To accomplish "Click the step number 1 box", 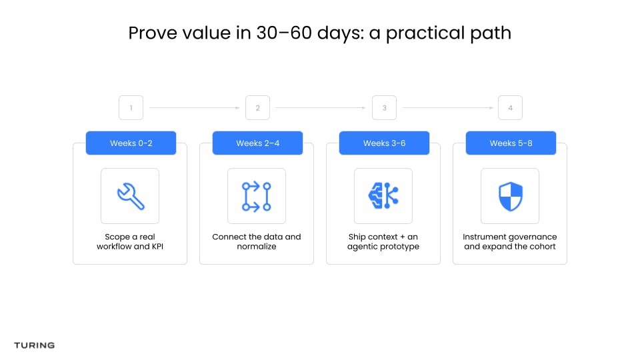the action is pyautogui.click(x=131, y=108).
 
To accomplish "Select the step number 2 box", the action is pyautogui.click(x=257, y=108).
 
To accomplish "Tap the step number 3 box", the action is pyautogui.click(x=384, y=108).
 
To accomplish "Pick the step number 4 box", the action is pyautogui.click(x=510, y=108).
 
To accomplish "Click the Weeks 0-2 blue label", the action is pyautogui.click(x=131, y=143).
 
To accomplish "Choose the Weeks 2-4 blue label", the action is pyautogui.click(x=257, y=143).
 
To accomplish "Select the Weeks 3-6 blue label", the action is pyautogui.click(x=384, y=143).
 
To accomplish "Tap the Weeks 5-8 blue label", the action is pyautogui.click(x=511, y=143).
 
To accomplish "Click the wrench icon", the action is pyautogui.click(x=131, y=196).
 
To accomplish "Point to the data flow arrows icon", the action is pyautogui.click(x=257, y=196).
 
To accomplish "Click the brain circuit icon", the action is pyautogui.click(x=383, y=196).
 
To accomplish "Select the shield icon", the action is pyautogui.click(x=511, y=196).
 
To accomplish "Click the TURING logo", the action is pyautogui.click(x=34, y=345).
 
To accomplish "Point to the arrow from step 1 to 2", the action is pyautogui.click(x=194, y=108).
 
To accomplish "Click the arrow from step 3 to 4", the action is pyautogui.click(x=448, y=108).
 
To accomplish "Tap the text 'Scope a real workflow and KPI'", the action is pyautogui.click(x=130, y=241).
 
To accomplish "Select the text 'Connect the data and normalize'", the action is pyautogui.click(x=257, y=241).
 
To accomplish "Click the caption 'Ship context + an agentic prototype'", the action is pyautogui.click(x=383, y=241).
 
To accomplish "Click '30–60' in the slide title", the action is pyautogui.click(x=284, y=33).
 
